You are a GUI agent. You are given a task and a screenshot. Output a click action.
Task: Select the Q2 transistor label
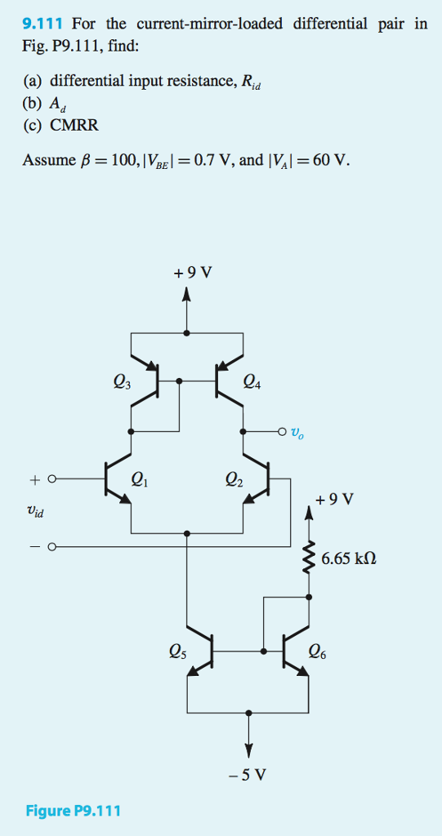point(235,480)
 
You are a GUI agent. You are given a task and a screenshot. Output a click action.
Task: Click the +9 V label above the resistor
point(337,499)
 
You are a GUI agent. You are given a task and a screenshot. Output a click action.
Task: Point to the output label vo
point(301,431)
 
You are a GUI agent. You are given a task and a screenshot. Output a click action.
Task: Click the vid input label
point(34,512)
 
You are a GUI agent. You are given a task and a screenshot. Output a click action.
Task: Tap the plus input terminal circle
point(51,480)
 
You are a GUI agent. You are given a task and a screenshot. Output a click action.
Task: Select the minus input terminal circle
point(51,546)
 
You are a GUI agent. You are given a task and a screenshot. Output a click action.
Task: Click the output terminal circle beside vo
point(282,431)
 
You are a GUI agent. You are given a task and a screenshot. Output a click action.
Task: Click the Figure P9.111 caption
point(73,811)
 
